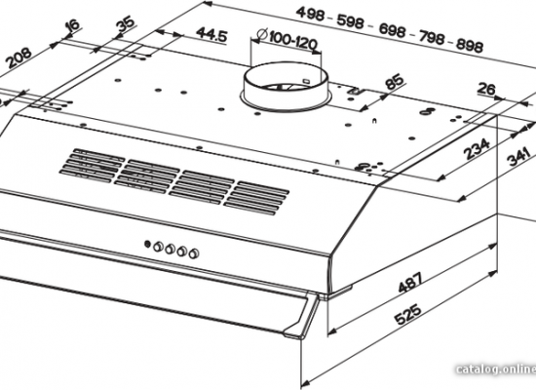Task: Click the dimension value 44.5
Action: point(211,34)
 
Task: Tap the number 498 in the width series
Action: point(310,14)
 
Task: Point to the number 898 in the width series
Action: point(469,45)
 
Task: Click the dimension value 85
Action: point(394,82)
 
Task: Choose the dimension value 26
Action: point(486,89)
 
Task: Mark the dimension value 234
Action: point(477,148)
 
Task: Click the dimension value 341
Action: point(518,156)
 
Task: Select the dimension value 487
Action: point(410,282)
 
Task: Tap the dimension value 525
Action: point(408,314)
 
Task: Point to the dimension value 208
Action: point(19,58)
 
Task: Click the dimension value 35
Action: point(126,24)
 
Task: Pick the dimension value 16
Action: point(73,25)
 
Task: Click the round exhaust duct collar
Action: point(286,86)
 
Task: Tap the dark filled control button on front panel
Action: point(147,244)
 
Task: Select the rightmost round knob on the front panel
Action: point(194,253)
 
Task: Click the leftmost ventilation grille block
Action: point(93,164)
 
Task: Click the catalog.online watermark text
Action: point(496,370)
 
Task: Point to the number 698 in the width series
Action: point(392,30)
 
